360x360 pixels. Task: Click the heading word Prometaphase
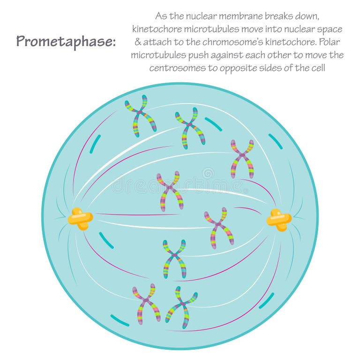click(66, 41)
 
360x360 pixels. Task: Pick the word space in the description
click(330, 29)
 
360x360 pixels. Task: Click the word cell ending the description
click(317, 68)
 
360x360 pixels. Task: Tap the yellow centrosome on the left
click(81, 219)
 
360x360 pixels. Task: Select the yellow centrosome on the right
click(279, 219)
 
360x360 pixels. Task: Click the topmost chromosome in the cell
click(140, 115)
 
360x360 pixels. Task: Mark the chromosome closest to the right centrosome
click(218, 227)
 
